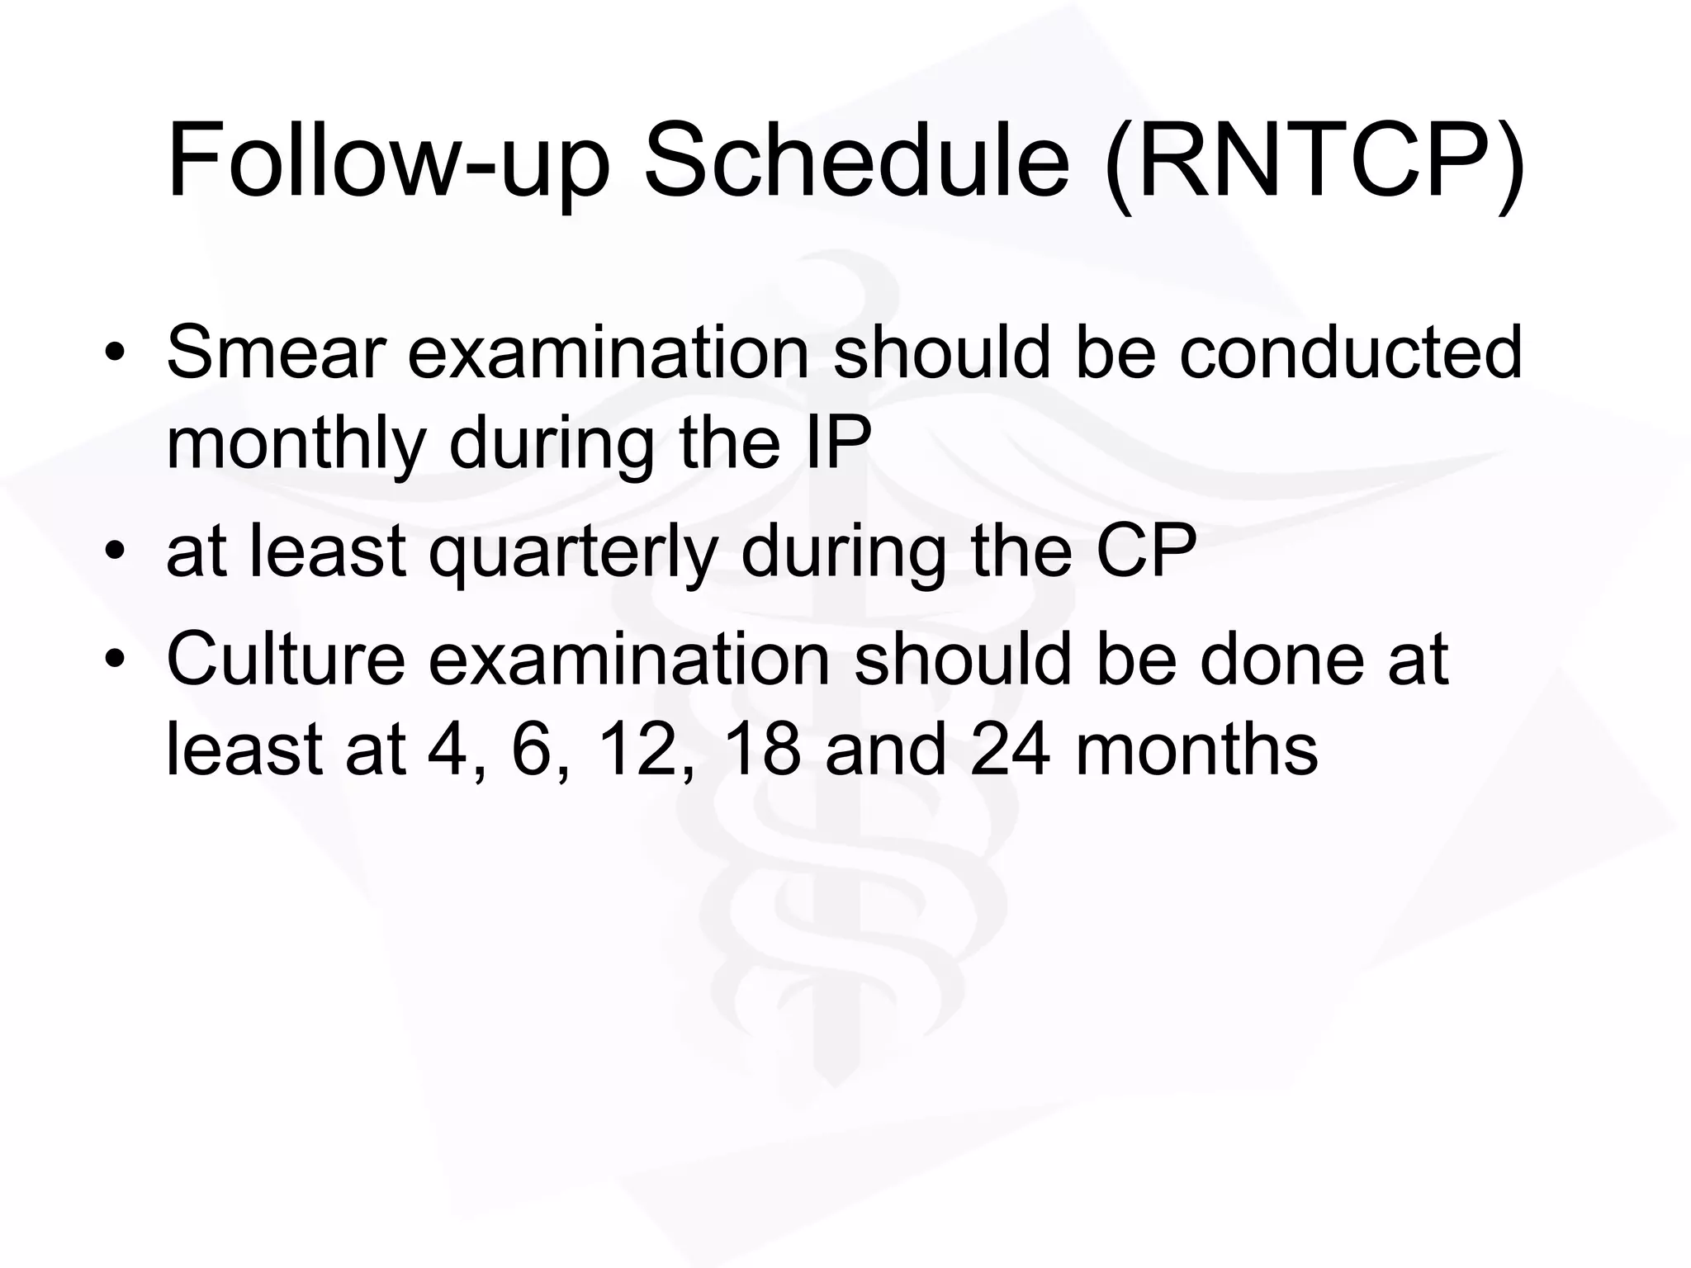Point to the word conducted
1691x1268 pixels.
point(1350,352)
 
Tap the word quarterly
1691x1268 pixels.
point(573,553)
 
